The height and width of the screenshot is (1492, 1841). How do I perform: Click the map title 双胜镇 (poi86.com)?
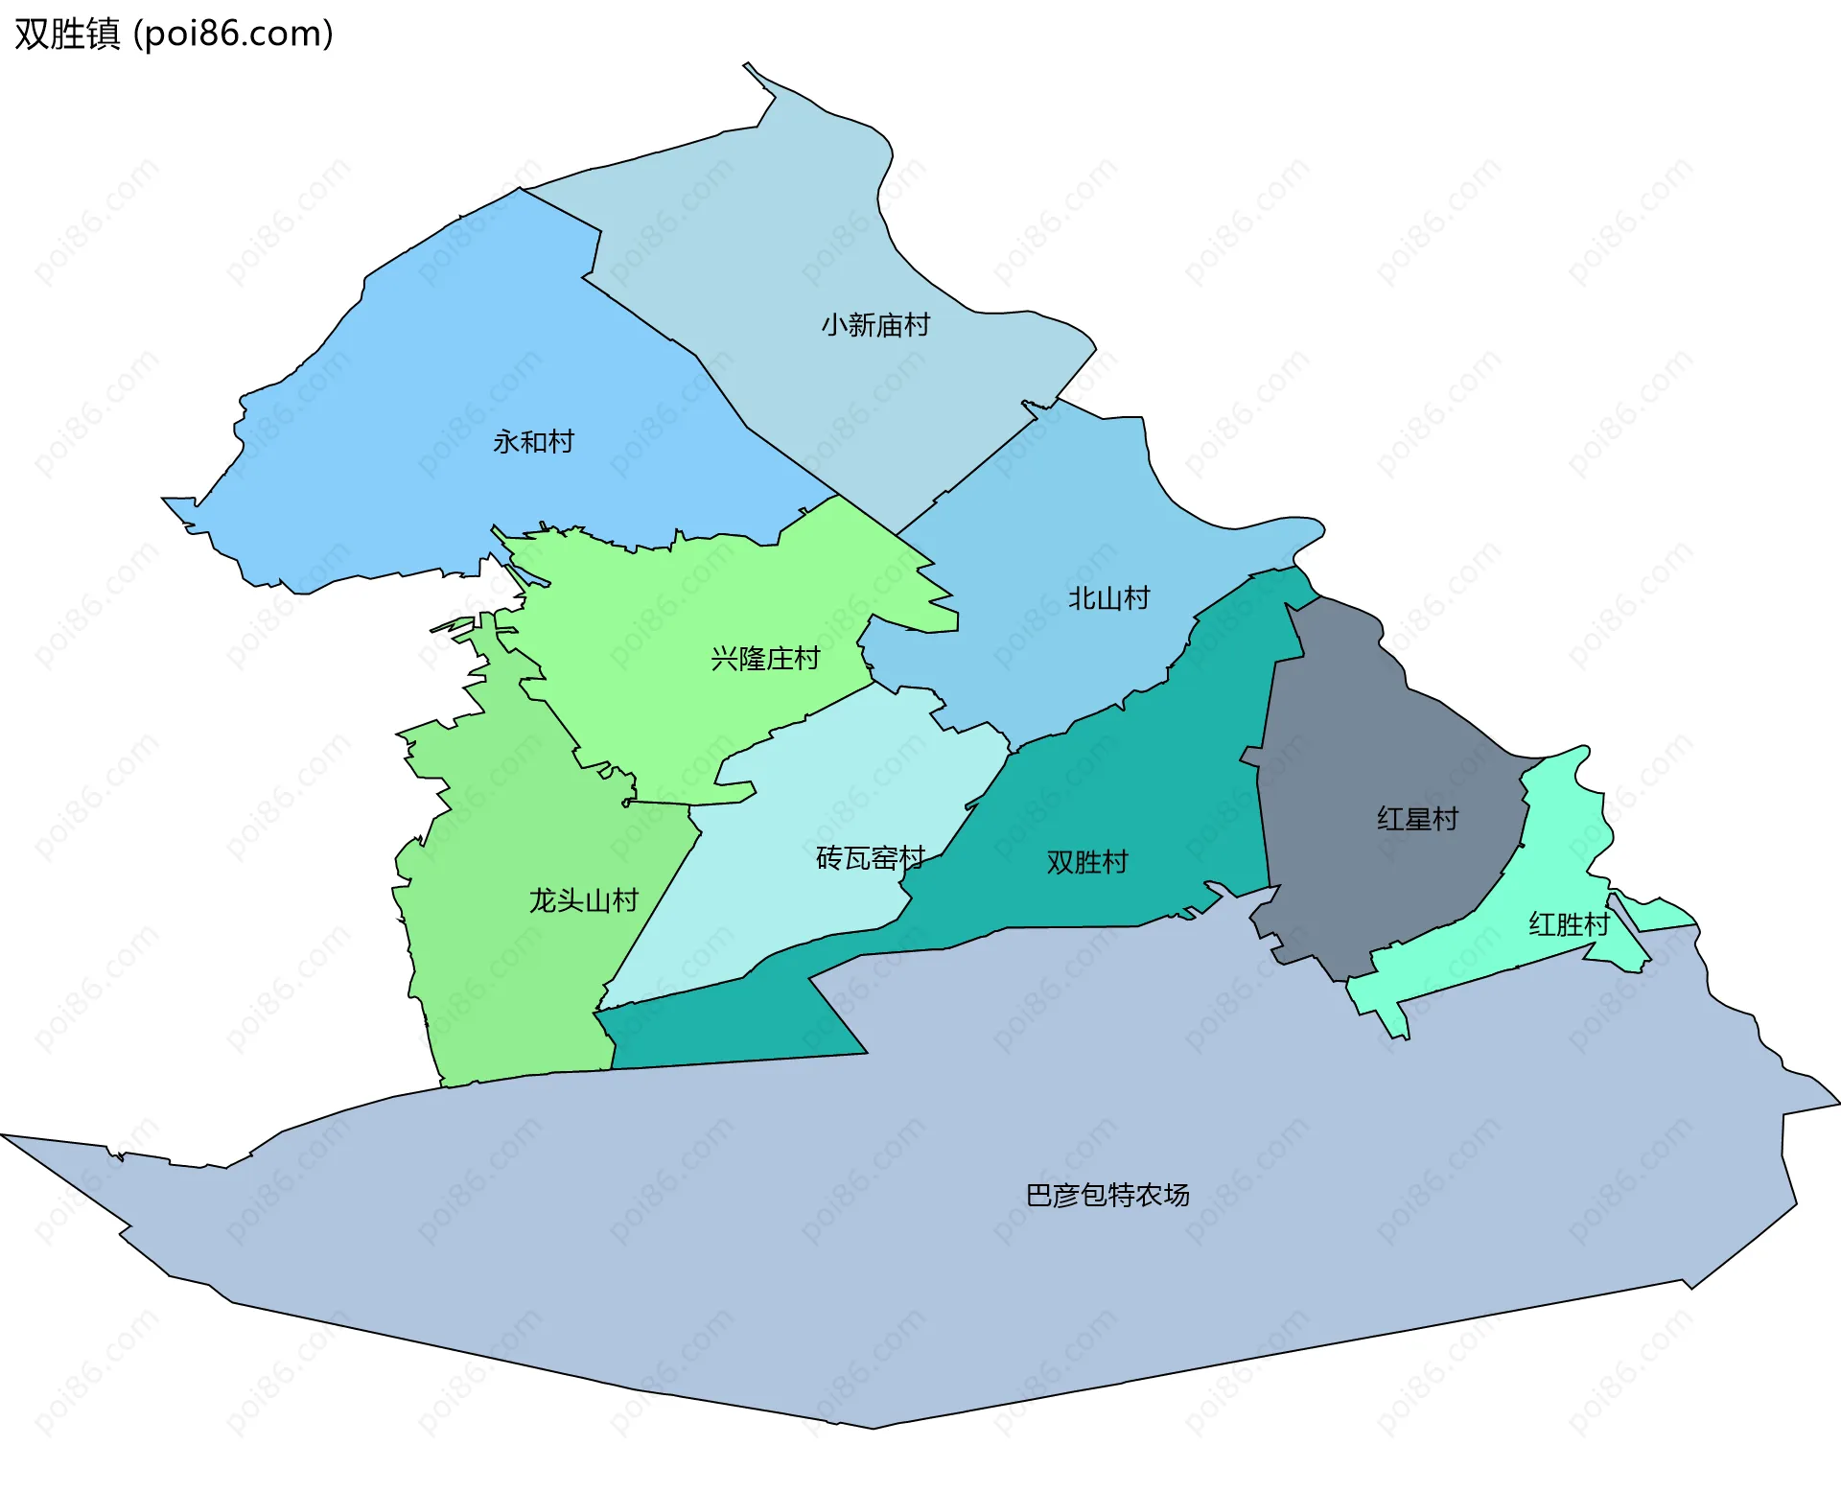(x=174, y=35)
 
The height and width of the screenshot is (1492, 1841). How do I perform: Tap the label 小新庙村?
(x=874, y=325)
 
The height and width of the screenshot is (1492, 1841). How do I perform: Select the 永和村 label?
(x=533, y=442)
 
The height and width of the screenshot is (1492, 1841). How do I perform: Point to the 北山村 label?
(x=1108, y=598)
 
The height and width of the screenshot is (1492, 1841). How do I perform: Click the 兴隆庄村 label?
(x=765, y=659)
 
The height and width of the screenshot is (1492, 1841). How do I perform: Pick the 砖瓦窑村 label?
(x=870, y=857)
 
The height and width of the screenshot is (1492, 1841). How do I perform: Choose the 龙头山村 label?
(x=583, y=900)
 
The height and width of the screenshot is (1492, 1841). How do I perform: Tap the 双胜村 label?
(x=1086, y=862)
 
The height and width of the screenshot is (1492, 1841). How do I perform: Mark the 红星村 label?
(x=1417, y=819)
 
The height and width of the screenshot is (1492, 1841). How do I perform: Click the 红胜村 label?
(x=1569, y=924)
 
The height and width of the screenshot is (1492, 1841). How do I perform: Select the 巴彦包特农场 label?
(x=1107, y=1195)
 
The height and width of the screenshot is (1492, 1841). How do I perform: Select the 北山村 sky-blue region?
(x=1055, y=508)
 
